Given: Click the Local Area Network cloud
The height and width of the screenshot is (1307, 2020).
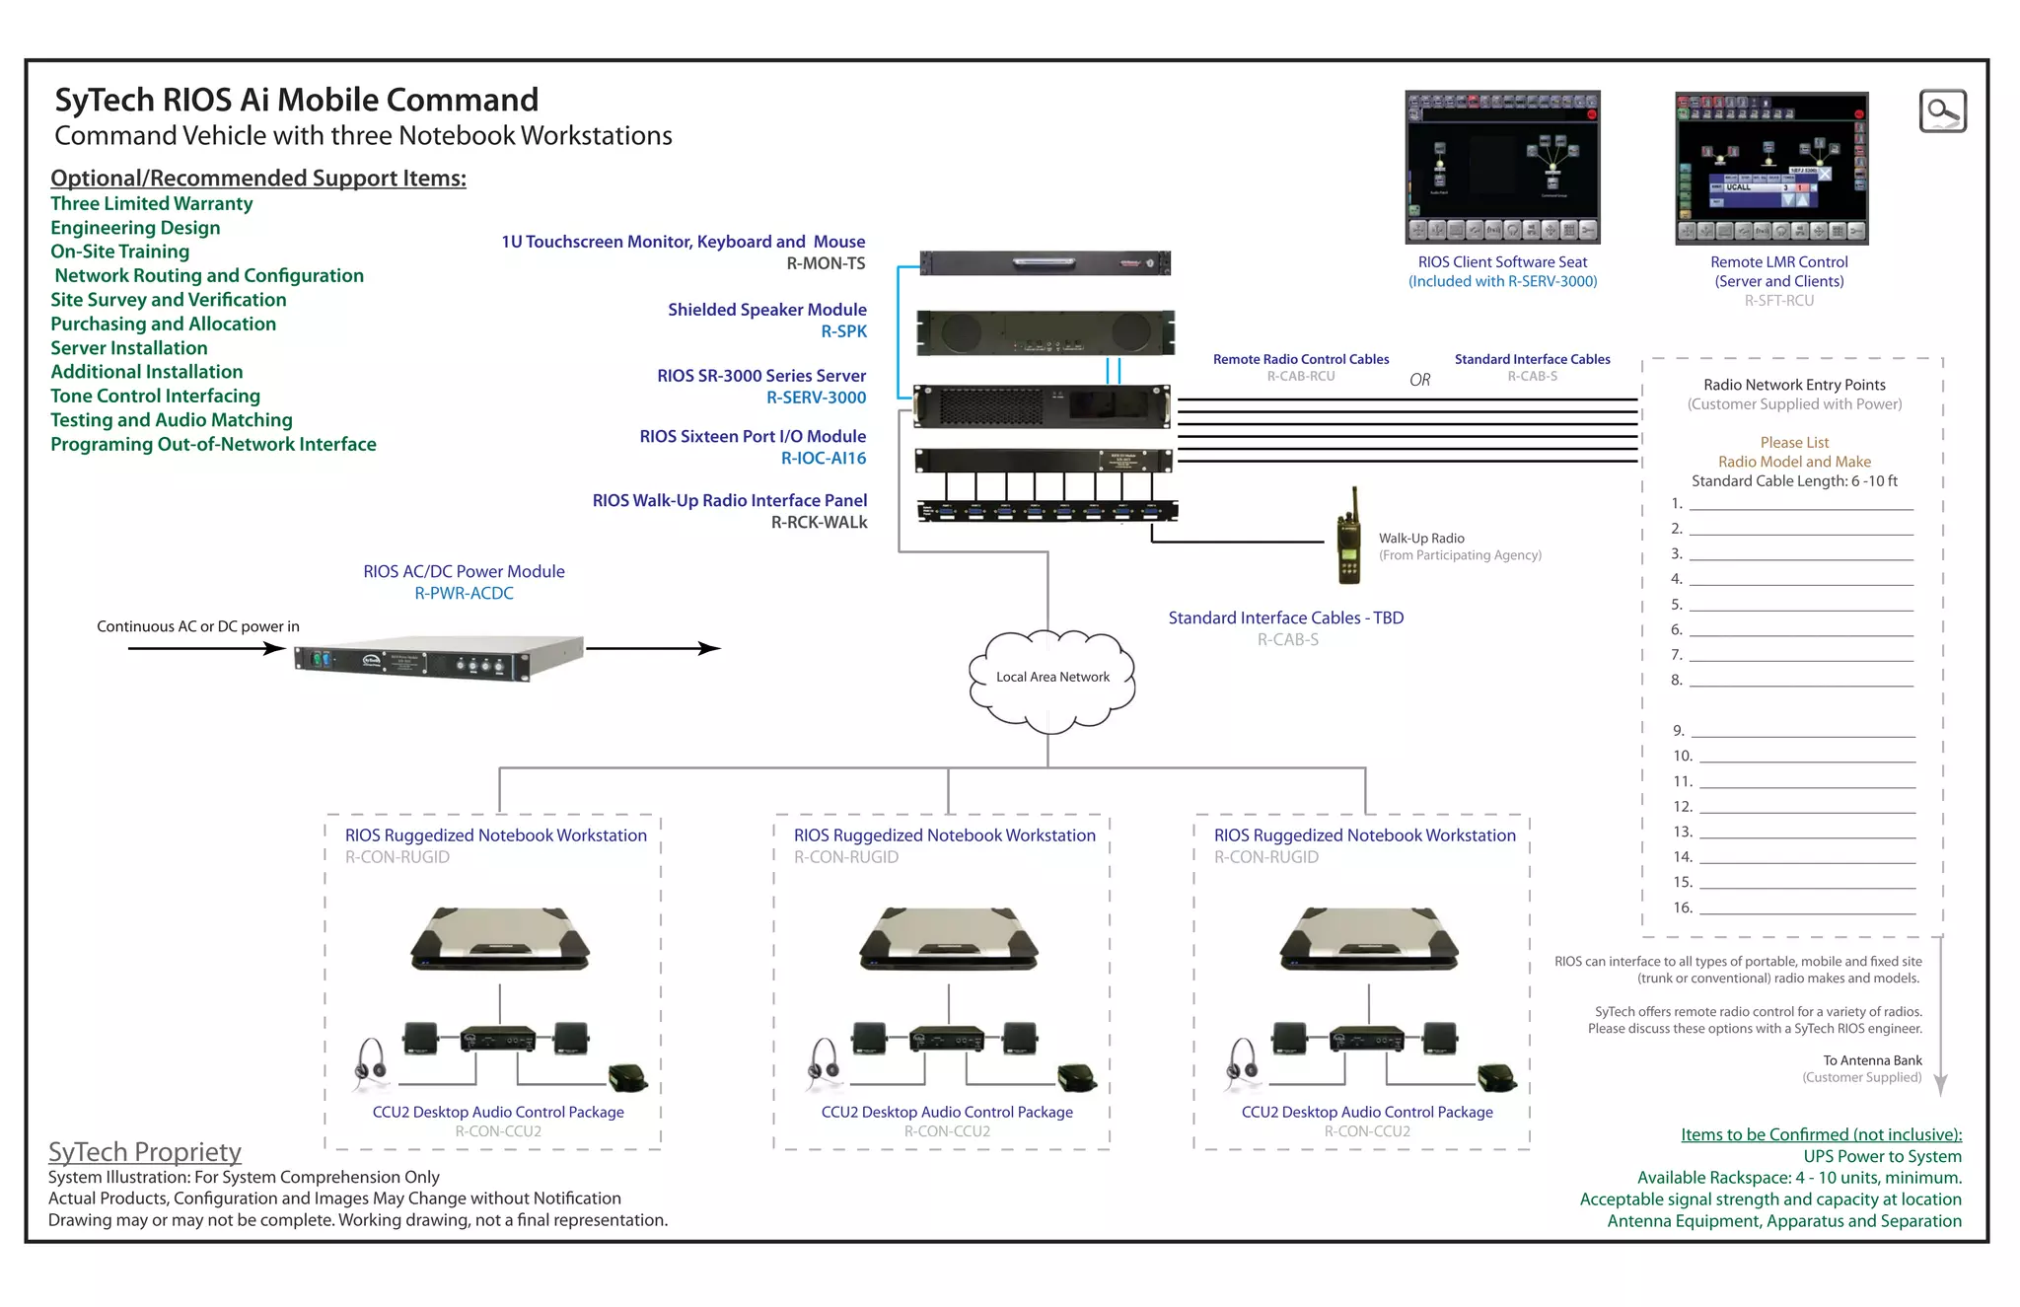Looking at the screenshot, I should pos(1051,681).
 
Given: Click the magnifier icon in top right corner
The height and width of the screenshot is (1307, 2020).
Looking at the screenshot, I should pos(1942,110).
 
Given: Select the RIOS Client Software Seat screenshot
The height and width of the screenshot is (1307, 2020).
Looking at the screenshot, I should pos(1502,168).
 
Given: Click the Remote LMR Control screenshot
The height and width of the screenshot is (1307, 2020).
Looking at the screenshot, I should pos(1771,169).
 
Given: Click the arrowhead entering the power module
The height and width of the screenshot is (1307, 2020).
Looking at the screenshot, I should pos(275,648).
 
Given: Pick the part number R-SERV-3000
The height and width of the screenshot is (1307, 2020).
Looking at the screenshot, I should pos(816,398).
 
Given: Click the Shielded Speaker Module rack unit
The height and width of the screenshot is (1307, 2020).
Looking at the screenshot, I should pos(1046,332).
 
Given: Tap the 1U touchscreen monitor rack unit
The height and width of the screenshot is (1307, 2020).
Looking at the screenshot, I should pos(1046,263).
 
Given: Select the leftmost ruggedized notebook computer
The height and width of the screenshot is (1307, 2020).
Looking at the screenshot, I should pos(500,940).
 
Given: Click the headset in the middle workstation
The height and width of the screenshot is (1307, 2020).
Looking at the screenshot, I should pos(825,1063).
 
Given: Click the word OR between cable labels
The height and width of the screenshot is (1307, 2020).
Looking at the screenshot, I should pos(1419,380).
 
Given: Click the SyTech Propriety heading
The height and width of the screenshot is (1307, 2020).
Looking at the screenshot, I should pos(145,1152).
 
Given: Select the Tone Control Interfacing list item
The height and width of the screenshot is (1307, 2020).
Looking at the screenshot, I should pos(155,396).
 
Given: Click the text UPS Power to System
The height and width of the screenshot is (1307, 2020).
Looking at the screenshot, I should pos(1882,1156).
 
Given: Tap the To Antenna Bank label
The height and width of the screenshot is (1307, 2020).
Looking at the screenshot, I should pos(1872,1060).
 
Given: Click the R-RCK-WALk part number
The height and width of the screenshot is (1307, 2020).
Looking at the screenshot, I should pos(819,523).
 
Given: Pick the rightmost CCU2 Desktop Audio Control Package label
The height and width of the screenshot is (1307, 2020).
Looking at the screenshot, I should pos(1367,1112).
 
